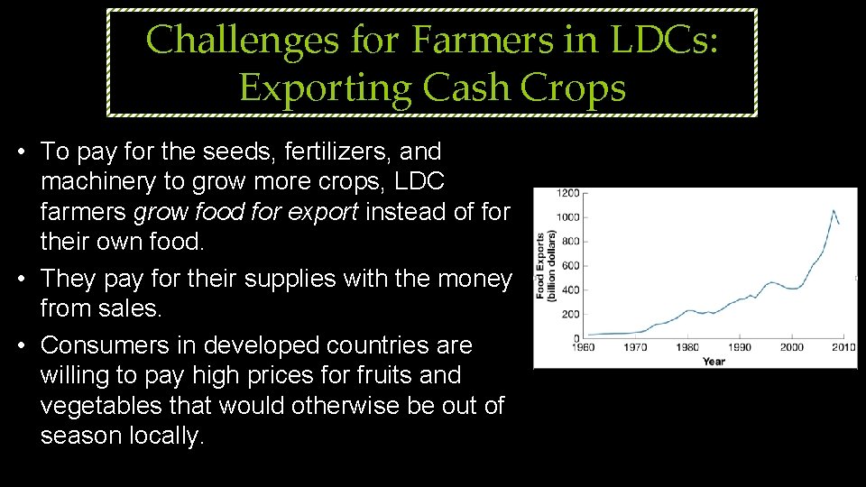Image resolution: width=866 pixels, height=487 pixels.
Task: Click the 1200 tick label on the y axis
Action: [x=568, y=193]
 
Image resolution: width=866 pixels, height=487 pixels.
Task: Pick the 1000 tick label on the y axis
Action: [x=568, y=217]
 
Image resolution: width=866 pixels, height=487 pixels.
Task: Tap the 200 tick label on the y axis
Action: [x=571, y=315]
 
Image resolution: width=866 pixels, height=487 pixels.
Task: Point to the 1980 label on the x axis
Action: [x=689, y=347]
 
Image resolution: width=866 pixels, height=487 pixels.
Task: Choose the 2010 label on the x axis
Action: [x=843, y=347]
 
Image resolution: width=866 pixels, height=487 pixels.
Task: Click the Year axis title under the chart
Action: [x=714, y=361]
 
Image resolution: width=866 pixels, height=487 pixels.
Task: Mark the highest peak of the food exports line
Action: [x=833, y=210]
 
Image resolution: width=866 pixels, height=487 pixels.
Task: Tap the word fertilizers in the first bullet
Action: [x=315, y=151]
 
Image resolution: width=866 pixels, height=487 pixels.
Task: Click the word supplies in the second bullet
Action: [x=272, y=279]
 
